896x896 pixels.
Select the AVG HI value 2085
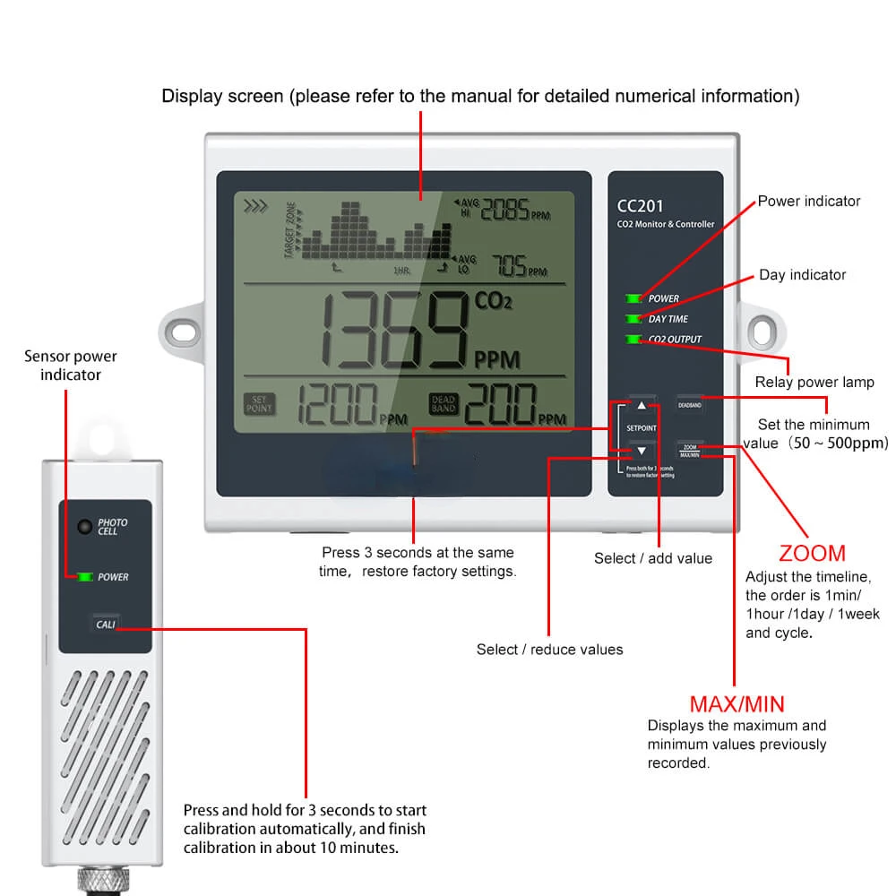point(505,210)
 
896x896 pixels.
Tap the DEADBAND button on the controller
point(689,404)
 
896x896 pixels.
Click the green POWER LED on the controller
point(635,297)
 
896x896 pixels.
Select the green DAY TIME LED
point(635,318)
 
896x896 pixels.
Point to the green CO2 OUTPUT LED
point(635,339)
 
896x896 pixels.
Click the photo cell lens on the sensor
point(84,527)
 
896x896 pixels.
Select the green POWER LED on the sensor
point(86,577)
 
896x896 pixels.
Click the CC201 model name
point(639,205)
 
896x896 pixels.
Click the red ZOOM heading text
point(812,553)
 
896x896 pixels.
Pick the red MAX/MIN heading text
point(737,703)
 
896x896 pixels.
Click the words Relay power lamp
point(814,383)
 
